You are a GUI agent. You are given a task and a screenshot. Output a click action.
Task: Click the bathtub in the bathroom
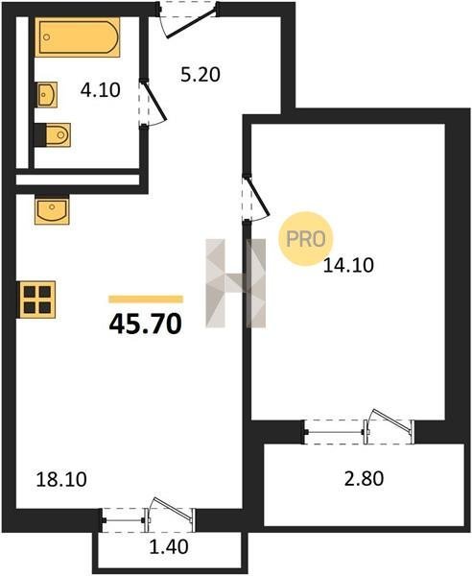click(x=78, y=36)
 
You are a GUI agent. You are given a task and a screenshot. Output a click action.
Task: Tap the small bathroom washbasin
click(x=47, y=95)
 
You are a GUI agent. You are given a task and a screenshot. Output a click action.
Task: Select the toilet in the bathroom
click(x=58, y=134)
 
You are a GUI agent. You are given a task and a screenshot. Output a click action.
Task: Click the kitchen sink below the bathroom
click(x=52, y=209)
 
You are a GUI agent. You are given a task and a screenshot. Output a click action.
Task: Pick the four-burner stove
click(x=36, y=300)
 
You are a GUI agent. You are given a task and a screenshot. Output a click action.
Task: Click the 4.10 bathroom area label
click(x=100, y=90)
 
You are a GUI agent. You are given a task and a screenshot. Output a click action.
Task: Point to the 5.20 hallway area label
click(x=201, y=75)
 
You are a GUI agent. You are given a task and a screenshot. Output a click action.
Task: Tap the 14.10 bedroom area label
click(x=348, y=265)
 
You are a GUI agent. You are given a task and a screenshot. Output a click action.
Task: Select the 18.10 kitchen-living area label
click(x=61, y=479)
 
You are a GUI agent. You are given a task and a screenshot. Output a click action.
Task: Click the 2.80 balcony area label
click(x=364, y=479)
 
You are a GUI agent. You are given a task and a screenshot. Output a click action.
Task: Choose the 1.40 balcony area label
click(x=169, y=546)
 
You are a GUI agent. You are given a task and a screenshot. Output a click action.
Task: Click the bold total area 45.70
click(x=146, y=324)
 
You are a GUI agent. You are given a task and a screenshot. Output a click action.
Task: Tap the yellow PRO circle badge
click(x=305, y=239)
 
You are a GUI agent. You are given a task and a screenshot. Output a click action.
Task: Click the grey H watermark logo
click(x=236, y=283)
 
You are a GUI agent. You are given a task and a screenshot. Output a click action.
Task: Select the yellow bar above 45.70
click(x=146, y=299)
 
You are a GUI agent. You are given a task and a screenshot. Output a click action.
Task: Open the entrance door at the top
click(x=188, y=20)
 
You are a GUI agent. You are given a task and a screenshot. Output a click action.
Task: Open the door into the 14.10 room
click(x=256, y=199)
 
